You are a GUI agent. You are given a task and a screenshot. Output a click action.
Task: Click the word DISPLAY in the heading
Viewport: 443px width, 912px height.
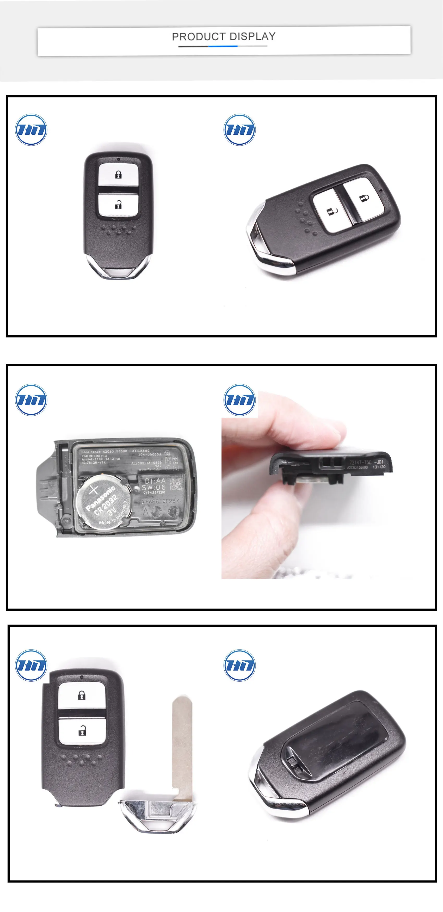pos(253,36)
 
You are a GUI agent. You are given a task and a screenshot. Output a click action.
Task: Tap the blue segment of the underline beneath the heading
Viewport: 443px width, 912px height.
pos(223,46)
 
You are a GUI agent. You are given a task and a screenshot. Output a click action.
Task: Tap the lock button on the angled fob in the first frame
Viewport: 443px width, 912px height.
pos(364,198)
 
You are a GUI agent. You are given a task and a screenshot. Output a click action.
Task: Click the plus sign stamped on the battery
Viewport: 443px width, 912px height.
pos(94,490)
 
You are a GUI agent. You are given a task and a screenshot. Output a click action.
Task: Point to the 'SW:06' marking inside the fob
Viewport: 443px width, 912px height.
pos(154,487)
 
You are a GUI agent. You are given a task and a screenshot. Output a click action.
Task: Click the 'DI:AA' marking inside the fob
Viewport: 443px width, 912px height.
pos(155,480)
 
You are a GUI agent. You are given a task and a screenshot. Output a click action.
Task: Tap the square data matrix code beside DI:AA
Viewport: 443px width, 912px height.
pos(176,484)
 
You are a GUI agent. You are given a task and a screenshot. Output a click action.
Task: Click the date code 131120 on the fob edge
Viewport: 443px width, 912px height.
pos(379,467)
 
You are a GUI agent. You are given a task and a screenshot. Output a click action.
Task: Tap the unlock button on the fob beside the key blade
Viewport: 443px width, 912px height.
pos(82,730)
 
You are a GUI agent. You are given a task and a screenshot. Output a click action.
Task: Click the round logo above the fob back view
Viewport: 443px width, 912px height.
pos(239,665)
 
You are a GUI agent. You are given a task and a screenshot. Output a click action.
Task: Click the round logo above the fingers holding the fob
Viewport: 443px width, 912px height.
pos(239,400)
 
